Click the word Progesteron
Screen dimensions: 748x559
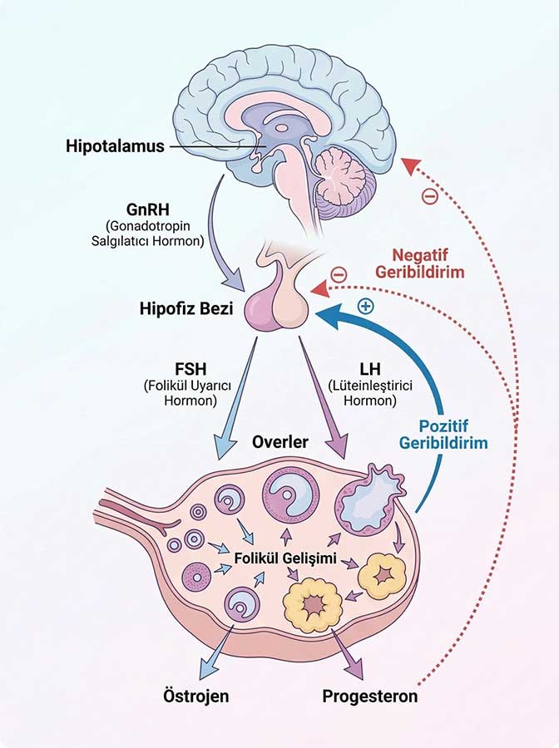click(369, 696)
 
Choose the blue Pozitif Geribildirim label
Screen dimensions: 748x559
click(443, 434)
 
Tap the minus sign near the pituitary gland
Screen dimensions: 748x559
click(338, 273)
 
